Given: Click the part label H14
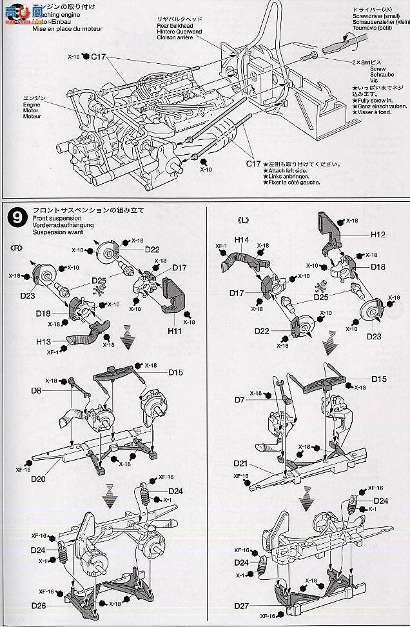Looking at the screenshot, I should point(242,239).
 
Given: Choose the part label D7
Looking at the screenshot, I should point(240,400).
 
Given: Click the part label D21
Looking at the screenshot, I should point(241,464).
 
